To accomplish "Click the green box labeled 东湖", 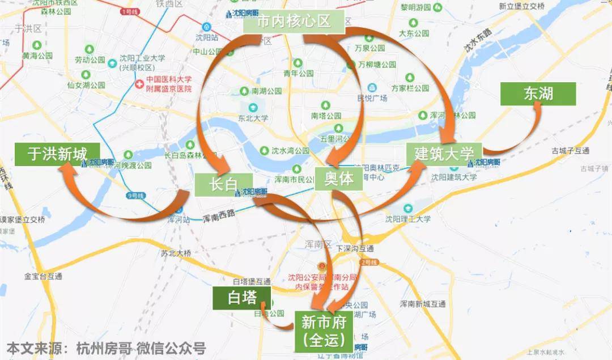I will (538, 94).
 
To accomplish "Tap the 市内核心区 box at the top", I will (294, 22).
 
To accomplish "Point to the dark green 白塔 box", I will (242, 298).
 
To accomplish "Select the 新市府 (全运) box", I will (324, 331).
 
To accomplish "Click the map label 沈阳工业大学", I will (142, 58).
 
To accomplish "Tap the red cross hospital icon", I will (139, 84).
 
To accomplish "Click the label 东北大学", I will (253, 118).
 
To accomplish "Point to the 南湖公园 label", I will (267, 91).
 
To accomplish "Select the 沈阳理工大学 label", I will (407, 219).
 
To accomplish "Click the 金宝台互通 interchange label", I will (43, 276).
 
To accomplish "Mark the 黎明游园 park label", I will (416, 7).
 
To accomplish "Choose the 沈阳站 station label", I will (207, 37).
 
